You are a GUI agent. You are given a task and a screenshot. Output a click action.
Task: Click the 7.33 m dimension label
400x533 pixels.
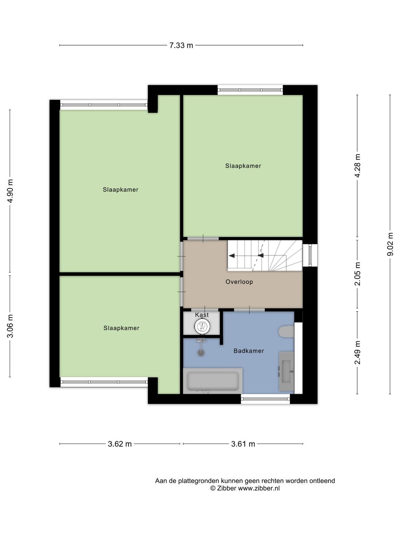(181, 46)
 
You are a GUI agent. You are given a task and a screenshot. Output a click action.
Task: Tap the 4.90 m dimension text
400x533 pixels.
(10, 191)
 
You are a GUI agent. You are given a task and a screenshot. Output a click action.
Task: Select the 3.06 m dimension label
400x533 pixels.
(10, 326)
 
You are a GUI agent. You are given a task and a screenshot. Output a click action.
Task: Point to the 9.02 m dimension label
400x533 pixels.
(390, 244)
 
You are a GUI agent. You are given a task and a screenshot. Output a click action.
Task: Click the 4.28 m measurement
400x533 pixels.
(357, 165)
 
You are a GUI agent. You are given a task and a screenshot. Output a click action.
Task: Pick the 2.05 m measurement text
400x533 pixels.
(357, 274)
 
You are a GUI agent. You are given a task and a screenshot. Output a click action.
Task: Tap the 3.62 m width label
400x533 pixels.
(120, 444)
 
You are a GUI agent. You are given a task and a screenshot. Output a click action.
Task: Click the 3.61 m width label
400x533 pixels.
(243, 444)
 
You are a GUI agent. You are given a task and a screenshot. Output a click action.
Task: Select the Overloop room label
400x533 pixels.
(239, 282)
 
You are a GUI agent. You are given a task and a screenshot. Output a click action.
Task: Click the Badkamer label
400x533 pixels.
(249, 351)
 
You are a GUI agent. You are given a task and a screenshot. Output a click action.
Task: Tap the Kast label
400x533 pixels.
(202, 315)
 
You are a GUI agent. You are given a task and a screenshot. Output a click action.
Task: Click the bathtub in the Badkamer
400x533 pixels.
(213, 381)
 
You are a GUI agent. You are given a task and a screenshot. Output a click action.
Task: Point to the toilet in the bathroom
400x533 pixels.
(286, 331)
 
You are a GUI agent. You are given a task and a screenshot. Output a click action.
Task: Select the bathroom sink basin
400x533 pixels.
(286, 371)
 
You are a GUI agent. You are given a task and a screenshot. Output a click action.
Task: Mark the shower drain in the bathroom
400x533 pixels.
(201, 353)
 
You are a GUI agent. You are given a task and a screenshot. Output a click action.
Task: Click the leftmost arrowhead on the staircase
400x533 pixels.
(232, 255)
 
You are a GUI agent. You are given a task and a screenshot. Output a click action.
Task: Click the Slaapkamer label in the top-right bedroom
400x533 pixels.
(243, 166)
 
